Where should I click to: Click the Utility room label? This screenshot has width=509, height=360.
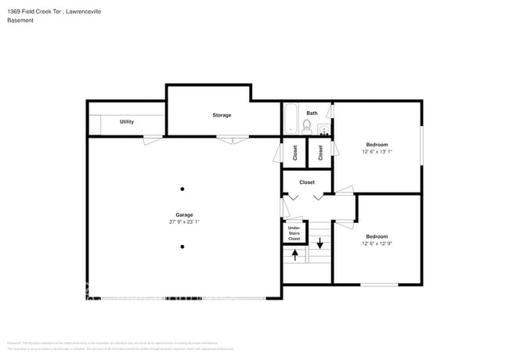pyautogui.click(x=126, y=122)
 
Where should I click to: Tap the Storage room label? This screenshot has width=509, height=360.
pyautogui.click(x=222, y=115)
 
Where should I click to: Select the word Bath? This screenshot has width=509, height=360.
pyautogui.click(x=312, y=113)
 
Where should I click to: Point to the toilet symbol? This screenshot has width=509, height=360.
pyautogui.click(x=307, y=125)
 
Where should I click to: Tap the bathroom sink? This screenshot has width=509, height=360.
pyautogui.click(x=324, y=130)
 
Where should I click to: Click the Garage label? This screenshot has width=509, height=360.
pyautogui.click(x=184, y=214)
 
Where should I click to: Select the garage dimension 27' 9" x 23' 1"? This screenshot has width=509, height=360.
pyautogui.click(x=184, y=221)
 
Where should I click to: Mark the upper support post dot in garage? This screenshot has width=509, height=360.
pyautogui.click(x=182, y=189)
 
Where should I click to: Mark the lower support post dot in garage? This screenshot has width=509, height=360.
pyautogui.click(x=182, y=247)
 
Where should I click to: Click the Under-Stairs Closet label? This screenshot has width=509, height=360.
pyautogui.click(x=294, y=232)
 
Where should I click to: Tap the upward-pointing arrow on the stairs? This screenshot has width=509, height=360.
pyautogui.click(x=295, y=254)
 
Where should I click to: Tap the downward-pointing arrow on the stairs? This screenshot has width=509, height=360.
pyautogui.click(x=319, y=243)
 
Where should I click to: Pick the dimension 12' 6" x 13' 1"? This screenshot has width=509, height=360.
pyautogui.click(x=377, y=152)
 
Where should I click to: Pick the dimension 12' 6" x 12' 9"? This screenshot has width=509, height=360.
pyautogui.click(x=377, y=243)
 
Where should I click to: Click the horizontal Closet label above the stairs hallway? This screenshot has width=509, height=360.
pyautogui.click(x=307, y=182)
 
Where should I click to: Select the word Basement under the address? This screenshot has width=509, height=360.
pyautogui.click(x=20, y=20)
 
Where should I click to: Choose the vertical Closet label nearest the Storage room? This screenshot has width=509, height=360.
pyautogui.click(x=295, y=153)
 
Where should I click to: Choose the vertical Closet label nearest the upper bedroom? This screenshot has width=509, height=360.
pyautogui.click(x=320, y=153)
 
